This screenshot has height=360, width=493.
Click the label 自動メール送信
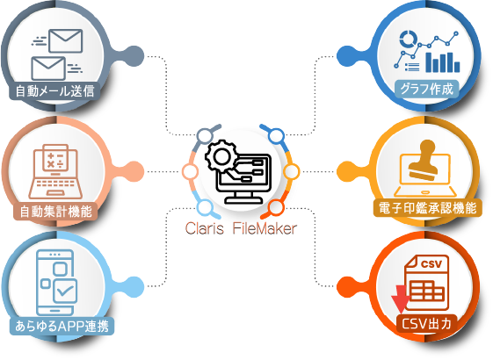55,91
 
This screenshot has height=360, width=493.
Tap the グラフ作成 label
427,90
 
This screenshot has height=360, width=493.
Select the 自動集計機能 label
55,212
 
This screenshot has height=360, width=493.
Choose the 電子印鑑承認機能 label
428,207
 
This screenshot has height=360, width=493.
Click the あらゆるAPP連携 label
62,327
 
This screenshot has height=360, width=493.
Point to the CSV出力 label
426,323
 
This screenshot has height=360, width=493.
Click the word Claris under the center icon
205,228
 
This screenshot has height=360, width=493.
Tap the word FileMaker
265,228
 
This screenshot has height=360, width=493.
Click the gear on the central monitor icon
221,156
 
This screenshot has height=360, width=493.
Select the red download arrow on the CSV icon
400,299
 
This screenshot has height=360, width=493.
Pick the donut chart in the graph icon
408,40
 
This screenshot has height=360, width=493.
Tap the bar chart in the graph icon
443,62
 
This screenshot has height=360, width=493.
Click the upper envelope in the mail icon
66,41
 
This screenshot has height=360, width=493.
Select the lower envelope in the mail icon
48,68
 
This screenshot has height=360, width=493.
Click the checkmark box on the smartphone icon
65,292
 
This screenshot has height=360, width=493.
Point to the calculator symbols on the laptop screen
55,160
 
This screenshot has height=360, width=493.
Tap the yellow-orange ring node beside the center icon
292,172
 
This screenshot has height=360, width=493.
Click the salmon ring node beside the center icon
190,172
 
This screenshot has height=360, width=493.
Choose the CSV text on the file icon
431,264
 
